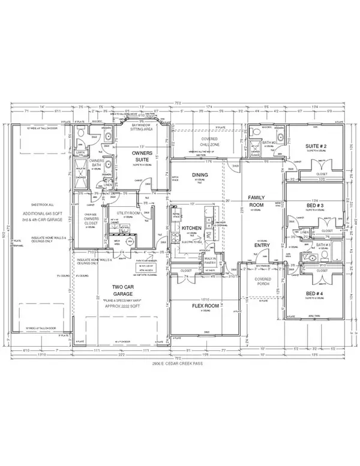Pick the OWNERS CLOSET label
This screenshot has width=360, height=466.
pyautogui.click(x=91, y=218)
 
